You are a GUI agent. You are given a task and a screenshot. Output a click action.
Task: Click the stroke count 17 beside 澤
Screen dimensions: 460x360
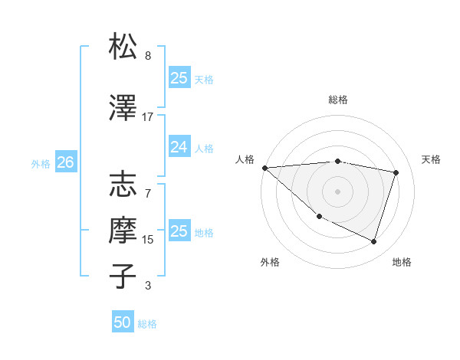148,117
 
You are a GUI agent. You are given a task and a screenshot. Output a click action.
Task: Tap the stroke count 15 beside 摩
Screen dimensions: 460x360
148,240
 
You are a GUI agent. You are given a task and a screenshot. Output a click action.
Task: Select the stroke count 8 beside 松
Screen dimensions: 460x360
148,56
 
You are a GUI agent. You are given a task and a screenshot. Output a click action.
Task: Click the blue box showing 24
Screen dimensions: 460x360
179,147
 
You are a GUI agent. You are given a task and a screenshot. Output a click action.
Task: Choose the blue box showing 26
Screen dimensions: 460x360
65,162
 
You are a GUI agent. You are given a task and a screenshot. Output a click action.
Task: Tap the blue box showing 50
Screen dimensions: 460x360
123,322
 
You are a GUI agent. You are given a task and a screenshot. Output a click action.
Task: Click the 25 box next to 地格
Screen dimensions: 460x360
179,231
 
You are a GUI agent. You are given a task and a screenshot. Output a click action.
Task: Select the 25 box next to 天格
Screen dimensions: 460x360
179,78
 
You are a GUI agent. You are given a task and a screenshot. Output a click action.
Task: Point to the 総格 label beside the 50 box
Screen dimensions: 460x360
147,324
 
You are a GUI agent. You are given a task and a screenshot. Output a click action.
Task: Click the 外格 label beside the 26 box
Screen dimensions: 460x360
41,163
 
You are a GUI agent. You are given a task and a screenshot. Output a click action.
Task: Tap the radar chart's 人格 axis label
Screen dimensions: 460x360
245,159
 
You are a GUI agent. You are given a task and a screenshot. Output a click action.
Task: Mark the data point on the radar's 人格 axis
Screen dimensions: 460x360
264,168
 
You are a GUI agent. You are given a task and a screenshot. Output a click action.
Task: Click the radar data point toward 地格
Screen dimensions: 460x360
373,242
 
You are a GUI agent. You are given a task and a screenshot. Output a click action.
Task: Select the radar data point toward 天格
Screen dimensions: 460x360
396,172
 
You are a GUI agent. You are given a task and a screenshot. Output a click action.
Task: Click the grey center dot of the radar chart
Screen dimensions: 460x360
337,191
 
